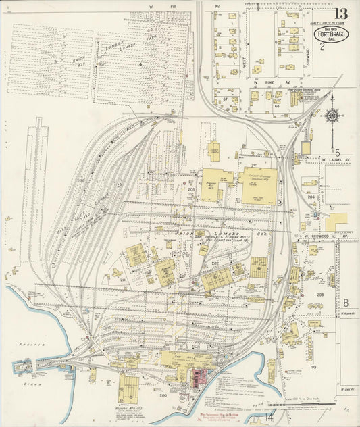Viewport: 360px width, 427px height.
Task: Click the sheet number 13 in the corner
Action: pos(342,14)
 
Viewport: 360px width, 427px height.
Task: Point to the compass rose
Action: pos(332,115)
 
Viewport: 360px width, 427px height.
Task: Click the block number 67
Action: pos(224,99)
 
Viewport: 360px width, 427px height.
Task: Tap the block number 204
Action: pos(311,197)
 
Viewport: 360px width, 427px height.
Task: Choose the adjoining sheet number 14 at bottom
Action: pos(270,419)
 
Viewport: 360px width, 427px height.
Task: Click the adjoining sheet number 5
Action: pos(337,153)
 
